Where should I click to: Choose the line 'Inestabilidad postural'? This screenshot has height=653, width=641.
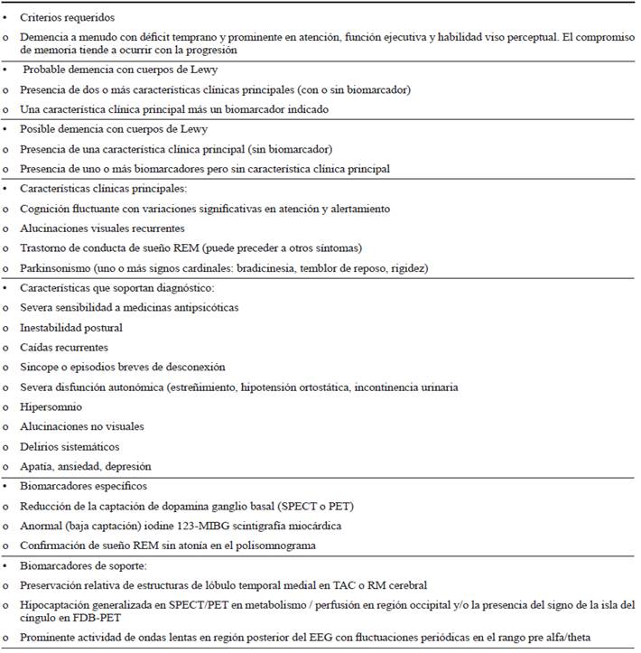click(x=71, y=328)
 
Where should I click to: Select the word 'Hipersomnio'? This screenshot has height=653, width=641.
click(x=51, y=407)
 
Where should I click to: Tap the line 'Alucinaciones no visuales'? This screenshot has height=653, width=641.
click(x=81, y=426)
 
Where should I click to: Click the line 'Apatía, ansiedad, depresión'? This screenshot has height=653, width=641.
click(x=86, y=466)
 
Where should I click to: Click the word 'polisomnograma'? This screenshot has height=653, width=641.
click(x=325, y=546)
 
